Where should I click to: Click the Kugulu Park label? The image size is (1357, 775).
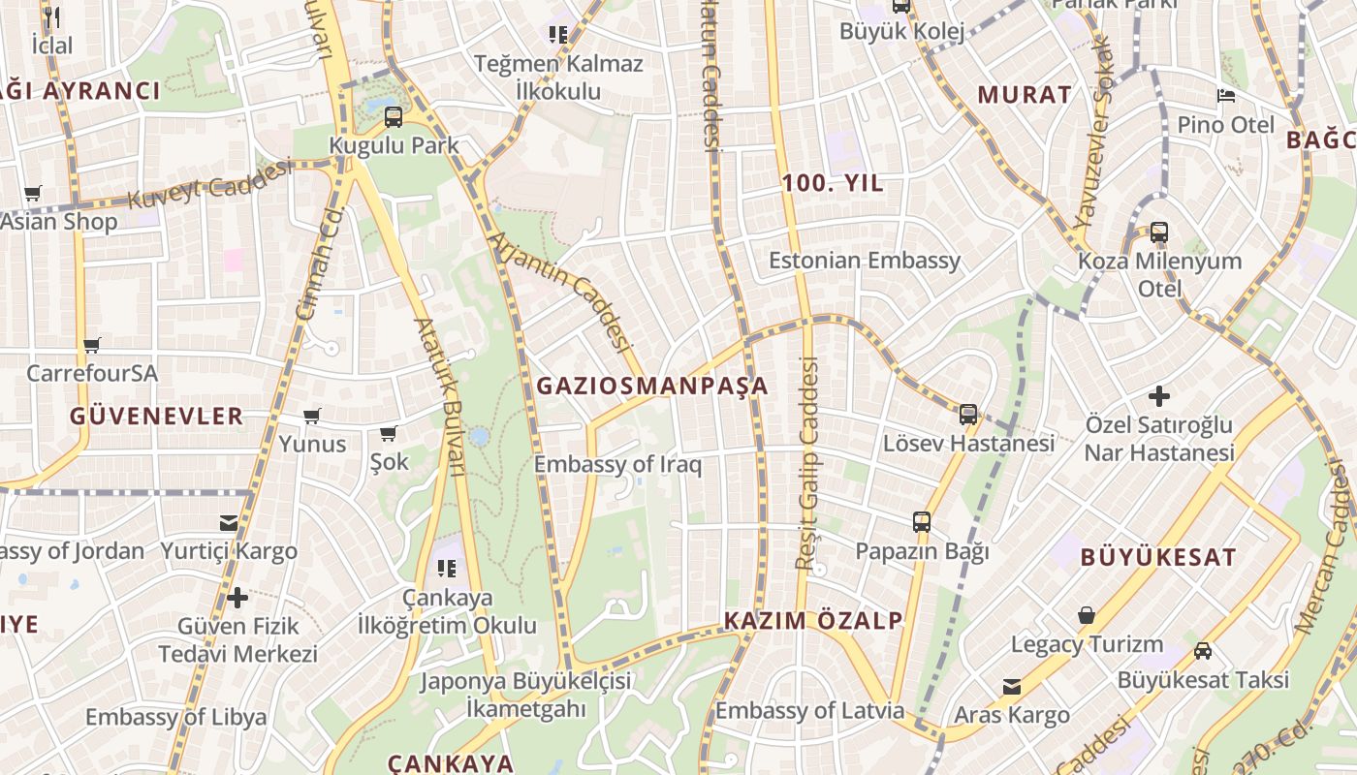[x=394, y=145]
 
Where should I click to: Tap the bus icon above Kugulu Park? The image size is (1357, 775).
[x=393, y=117]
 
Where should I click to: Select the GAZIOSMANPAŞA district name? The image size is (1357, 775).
[x=651, y=386]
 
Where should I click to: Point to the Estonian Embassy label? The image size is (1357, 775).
[x=865, y=260]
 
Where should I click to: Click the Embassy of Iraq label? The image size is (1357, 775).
[x=617, y=464]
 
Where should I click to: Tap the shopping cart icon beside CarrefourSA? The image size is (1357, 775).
[x=92, y=345]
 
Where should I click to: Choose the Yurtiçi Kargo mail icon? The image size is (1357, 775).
[x=229, y=523]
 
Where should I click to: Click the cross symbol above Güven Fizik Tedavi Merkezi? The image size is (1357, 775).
[x=237, y=596]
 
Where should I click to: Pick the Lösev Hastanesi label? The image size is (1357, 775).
[x=967, y=443]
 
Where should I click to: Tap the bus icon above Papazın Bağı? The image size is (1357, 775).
[x=921, y=522]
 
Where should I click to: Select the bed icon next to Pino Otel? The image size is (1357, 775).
[x=1225, y=96]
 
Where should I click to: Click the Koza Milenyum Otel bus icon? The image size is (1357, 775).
[x=1158, y=232]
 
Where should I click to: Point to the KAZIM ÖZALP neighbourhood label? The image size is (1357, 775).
[x=813, y=620]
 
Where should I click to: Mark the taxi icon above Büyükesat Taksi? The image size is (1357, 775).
[x=1203, y=651]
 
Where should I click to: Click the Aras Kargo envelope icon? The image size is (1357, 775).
[x=1011, y=687]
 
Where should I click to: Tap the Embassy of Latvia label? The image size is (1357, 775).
[x=809, y=710]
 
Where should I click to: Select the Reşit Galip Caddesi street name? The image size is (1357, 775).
[x=807, y=463]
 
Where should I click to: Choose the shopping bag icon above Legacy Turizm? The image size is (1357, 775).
[x=1087, y=615]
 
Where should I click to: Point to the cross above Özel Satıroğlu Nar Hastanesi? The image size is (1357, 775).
[x=1158, y=396]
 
